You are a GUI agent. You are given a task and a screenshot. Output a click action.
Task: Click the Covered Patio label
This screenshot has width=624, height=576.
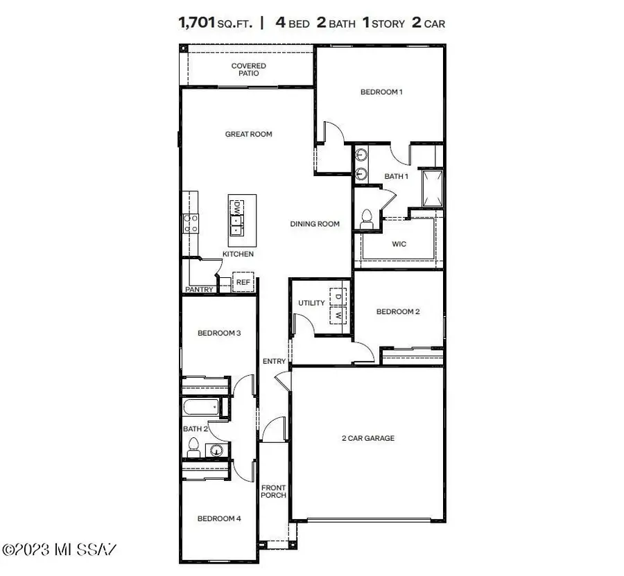[x=248, y=69]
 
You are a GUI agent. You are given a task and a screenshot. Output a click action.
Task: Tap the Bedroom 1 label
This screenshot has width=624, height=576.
[x=381, y=92]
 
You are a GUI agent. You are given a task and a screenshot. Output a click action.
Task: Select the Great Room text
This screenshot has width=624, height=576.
[x=248, y=134]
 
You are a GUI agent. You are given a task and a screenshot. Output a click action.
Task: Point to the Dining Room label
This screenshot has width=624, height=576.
[x=315, y=224]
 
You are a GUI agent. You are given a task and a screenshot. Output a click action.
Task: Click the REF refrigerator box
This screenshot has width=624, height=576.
[x=243, y=283]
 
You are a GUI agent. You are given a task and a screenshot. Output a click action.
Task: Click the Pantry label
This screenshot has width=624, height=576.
[x=199, y=290]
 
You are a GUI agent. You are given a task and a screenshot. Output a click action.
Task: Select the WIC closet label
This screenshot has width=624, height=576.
[x=399, y=244]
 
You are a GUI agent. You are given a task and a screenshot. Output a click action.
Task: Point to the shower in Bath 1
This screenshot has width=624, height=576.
[x=432, y=187]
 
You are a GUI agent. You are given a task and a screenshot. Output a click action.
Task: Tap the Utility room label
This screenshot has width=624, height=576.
[x=311, y=304]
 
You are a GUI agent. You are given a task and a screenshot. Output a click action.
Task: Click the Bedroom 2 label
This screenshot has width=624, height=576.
[x=398, y=312]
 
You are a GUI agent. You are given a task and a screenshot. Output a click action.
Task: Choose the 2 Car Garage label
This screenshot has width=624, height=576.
[x=367, y=438]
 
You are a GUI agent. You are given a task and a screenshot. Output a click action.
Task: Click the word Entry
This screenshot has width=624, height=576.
[x=274, y=361]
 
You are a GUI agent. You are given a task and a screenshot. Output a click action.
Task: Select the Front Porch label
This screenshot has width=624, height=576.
[x=273, y=492]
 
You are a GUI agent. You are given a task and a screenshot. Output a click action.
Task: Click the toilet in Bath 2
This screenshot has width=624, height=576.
[x=194, y=446]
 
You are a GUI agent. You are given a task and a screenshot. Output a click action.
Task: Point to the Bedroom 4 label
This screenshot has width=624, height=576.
[x=219, y=518]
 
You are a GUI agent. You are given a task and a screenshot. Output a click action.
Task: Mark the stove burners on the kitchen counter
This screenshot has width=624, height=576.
[x=190, y=222]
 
